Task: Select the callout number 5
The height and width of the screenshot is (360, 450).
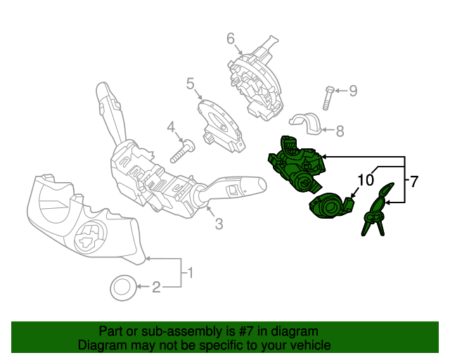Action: click(190, 84)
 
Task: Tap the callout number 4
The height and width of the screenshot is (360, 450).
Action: click(170, 127)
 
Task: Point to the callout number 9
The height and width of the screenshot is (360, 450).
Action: click(353, 90)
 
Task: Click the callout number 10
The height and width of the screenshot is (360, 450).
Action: click(366, 180)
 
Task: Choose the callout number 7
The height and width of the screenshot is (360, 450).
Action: click(414, 181)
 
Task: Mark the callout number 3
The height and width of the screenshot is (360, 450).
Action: click(219, 224)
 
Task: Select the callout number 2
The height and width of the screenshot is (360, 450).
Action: click(157, 286)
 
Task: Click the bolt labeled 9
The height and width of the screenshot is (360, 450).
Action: click(328, 96)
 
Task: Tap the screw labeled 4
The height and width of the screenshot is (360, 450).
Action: click(185, 149)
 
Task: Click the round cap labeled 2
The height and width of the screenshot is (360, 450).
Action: click(124, 287)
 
